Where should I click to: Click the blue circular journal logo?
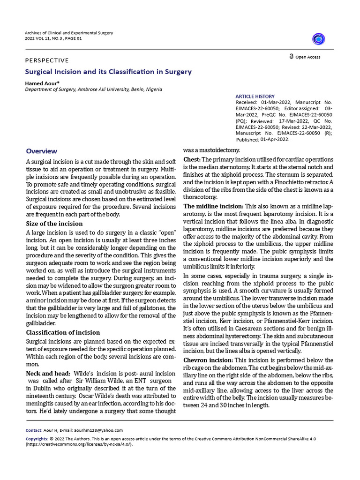click(319, 39)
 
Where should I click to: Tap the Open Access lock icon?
click(292, 57)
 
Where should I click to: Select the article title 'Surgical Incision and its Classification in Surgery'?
click(108, 72)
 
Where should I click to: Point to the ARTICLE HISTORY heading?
click(255, 96)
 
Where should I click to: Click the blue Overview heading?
click(41, 151)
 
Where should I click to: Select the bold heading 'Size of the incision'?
click(54, 224)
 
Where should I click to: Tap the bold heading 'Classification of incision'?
click(62, 332)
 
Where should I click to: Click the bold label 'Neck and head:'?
click(48, 373)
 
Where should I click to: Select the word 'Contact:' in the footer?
click(34, 430)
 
